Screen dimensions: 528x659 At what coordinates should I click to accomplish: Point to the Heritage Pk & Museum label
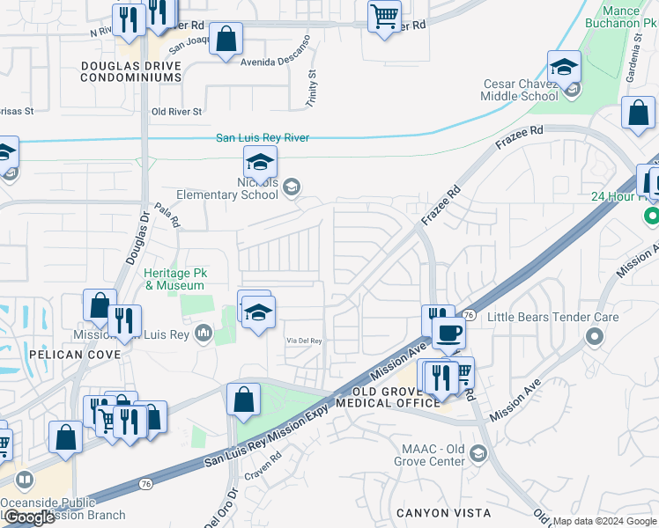coord(174,280)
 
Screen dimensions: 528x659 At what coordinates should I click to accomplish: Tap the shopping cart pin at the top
coord(384,16)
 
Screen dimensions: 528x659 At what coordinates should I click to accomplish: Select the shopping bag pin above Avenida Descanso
coord(226,39)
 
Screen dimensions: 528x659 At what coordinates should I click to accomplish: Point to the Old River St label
coord(176,112)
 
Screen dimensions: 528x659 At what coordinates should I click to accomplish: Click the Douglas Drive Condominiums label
coord(130,71)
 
